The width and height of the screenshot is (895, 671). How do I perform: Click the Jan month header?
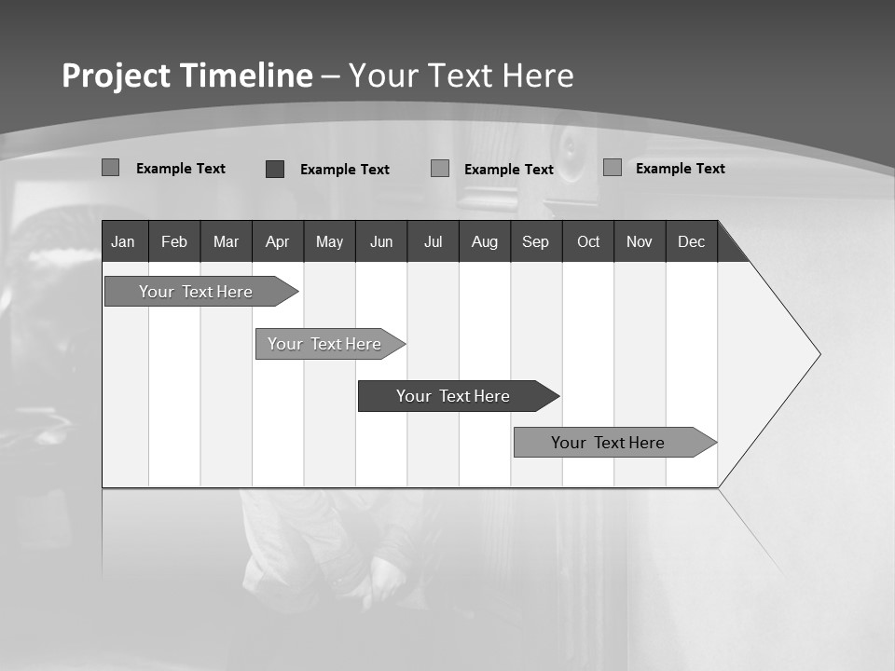pyautogui.click(x=123, y=242)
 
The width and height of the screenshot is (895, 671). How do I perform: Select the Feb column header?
pyautogui.click(x=174, y=242)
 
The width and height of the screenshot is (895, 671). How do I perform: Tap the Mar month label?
pyautogui.click(x=226, y=242)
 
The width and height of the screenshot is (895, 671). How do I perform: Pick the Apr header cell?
pyautogui.click(x=277, y=242)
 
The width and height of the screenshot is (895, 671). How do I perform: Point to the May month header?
pyautogui.click(x=329, y=242)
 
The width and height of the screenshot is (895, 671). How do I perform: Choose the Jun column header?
pyautogui.click(x=381, y=242)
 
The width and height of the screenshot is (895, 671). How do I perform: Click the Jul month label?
pyautogui.click(x=433, y=242)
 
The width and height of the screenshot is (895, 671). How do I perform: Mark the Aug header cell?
pyautogui.click(x=485, y=242)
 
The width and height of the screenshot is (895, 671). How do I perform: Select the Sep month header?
pyautogui.click(x=535, y=242)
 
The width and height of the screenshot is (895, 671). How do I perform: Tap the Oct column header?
pyautogui.click(x=588, y=242)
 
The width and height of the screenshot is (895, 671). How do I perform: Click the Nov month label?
pyautogui.click(x=640, y=242)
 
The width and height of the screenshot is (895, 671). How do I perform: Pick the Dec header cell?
pyautogui.click(x=692, y=242)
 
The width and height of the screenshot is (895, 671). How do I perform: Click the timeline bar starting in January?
pyautogui.click(x=196, y=292)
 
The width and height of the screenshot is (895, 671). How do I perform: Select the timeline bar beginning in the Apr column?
pyautogui.click(x=324, y=344)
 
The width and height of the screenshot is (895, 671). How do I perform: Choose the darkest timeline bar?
pyautogui.click(x=453, y=396)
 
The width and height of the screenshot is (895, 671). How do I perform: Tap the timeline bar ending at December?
pyautogui.click(x=608, y=443)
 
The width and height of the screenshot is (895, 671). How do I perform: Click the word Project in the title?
pyautogui.click(x=115, y=75)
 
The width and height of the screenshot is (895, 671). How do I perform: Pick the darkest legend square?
pyautogui.click(x=275, y=169)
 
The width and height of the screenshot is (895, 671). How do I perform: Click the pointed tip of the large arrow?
pyautogui.click(x=819, y=354)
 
